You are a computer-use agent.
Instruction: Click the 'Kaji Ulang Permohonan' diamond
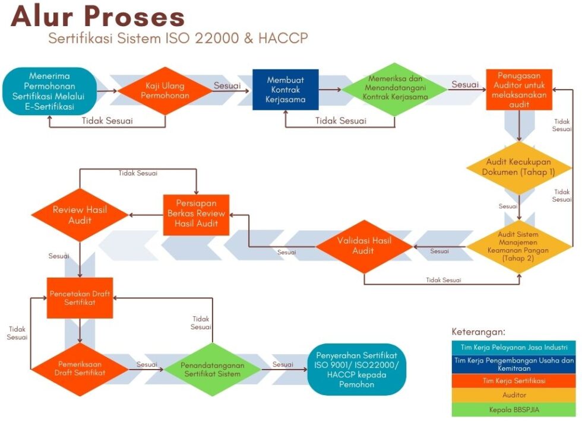click(x=165, y=90)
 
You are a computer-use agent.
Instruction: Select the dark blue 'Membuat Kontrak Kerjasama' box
click(x=286, y=90)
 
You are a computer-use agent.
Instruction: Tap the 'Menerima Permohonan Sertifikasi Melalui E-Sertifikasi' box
click(x=50, y=91)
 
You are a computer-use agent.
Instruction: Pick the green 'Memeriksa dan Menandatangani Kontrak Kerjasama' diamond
click(x=394, y=90)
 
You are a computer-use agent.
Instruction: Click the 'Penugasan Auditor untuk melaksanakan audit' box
click(x=520, y=90)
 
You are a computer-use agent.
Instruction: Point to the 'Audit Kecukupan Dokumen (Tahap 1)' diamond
click(x=519, y=167)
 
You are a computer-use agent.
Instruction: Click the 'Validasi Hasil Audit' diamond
click(x=364, y=246)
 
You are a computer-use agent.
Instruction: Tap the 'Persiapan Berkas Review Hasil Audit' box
click(x=196, y=215)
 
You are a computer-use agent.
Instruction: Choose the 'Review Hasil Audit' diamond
click(x=80, y=215)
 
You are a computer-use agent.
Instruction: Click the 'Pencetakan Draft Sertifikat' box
click(x=80, y=298)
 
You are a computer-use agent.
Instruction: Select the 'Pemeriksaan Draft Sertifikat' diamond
click(x=80, y=368)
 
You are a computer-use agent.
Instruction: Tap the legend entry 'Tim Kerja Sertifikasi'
click(x=514, y=381)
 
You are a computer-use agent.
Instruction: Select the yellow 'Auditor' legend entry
click(x=514, y=395)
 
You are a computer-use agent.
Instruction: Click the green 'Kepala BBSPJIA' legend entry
click(x=514, y=409)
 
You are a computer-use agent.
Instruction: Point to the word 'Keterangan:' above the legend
click(x=479, y=332)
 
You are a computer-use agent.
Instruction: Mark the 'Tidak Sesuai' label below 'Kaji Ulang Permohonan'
click(x=107, y=121)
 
